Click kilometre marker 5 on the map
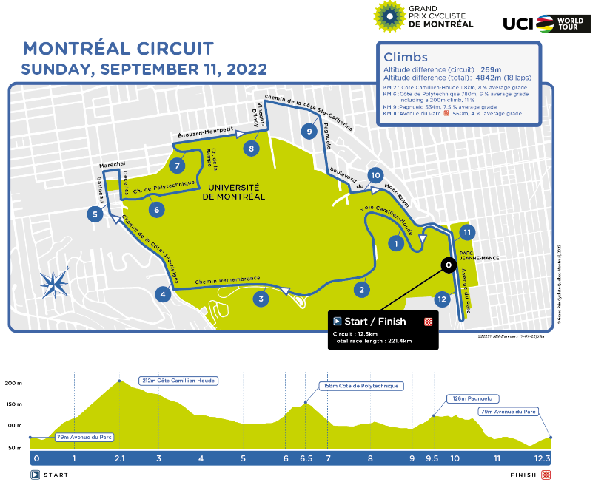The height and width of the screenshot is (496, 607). [94, 215]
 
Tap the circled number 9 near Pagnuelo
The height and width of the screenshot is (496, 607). [309, 131]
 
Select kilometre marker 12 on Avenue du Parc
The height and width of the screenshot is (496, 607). [442, 299]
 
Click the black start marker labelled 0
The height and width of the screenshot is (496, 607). [447, 264]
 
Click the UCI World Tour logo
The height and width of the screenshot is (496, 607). [547, 23]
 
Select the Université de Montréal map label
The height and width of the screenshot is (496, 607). [233, 191]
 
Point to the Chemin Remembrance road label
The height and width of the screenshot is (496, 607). [227, 280]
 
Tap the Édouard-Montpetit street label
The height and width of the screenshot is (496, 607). [206, 135]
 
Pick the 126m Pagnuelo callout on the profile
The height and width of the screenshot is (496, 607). [472, 398]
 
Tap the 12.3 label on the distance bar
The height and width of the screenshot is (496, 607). [543, 458]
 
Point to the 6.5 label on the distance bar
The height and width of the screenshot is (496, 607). [305, 458]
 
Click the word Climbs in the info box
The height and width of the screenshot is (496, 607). [405, 57]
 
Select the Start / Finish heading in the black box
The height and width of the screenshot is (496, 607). [375, 322]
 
